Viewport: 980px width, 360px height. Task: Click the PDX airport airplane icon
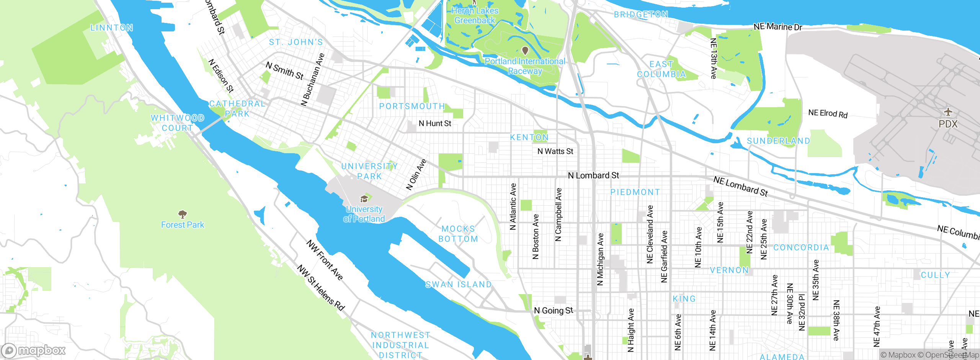click(x=948, y=112)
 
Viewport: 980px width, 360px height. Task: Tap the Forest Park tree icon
click(x=183, y=214)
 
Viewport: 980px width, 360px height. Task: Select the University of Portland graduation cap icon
click(x=364, y=199)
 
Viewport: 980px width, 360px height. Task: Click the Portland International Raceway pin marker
click(x=525, y=51)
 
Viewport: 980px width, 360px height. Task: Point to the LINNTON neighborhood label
click(x=112, y=28)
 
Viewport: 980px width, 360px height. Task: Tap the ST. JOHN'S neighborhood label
click(x=296, y=42)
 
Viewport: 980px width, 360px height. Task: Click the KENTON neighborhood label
click(x=529, y=137)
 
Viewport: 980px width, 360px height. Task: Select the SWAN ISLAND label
click(x=459, y=285)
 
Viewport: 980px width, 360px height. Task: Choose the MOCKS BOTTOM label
click(x=458, y=234)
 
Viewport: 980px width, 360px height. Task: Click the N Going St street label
click(x=554, y=310)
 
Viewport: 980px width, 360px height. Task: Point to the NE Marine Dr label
click(x=777, y=26)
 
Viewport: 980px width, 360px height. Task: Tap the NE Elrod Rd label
click(x=828, y=113)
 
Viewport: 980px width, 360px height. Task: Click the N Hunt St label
click(x=435, y=123)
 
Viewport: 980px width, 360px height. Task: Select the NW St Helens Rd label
click(x=321, y=287)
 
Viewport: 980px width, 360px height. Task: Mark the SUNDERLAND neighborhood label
click(x=779, y=141)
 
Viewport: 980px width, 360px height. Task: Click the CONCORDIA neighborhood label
click(x=801, y=247)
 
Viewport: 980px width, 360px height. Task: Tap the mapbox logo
click(x=33, y=350)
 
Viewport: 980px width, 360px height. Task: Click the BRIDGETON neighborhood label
click(x=641, y=15)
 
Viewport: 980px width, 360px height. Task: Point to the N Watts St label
click(x=555, y=151)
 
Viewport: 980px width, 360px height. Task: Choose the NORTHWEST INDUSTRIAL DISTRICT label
click(x=400, y=345)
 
